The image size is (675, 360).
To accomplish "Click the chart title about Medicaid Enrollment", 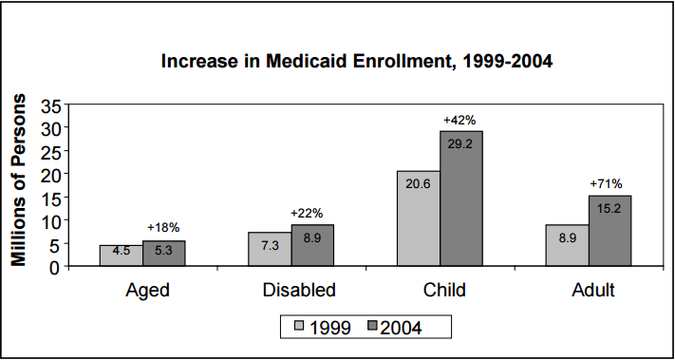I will pyautogui.click(x=356, y=63).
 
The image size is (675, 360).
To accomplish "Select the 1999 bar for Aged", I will pyautogui.click(x=122, y=256).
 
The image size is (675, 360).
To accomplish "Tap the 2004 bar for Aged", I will pyautogui.click(x=164, y=254).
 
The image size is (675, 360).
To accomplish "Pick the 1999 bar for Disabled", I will pyautogui.click(x=270, y=249).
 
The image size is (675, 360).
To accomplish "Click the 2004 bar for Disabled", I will pyautogui.click(x=313, y=245).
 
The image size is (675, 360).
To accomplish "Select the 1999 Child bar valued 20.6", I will pyautogui.click(x=419, y=218).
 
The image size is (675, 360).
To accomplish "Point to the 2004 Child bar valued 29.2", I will pyautogui.click(x=461, y=199).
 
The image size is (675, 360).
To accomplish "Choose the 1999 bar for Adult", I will pyautogui.click(x=568, y=245).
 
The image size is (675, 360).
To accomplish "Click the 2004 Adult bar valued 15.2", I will pyautogui.click(x=609, y=231).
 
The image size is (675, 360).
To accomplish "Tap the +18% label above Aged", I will pyautogui.click(x=163, y=228).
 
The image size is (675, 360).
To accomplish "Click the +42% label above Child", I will pyautogui.click(x=459, y=120).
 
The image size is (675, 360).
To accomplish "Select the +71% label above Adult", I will pyautogui.click(x=607, y=183).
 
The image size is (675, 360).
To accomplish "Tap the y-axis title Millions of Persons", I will pyautogui.click(x=19, y=180).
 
